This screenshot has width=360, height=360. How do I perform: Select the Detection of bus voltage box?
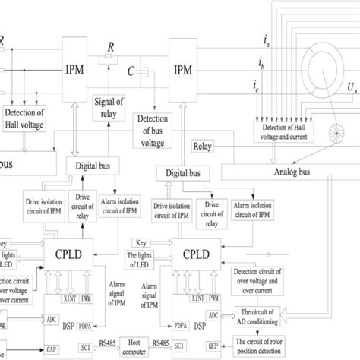tap(156, 125)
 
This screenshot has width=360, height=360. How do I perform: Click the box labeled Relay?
tap(204, 147)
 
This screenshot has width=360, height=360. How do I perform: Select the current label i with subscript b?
tap(261, 61)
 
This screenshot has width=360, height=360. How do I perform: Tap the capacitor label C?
tap(131, 71)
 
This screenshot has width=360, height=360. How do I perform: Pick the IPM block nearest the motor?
tap(184, 70)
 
